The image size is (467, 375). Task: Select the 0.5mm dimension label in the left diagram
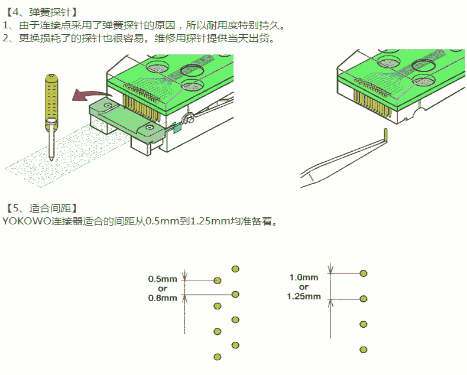pyautogui.click(x=163, y=279)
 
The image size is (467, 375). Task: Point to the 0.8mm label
pyautogui.click(x=163, y=298)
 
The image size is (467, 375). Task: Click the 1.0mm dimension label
pyautogui.click(x=304, y=277)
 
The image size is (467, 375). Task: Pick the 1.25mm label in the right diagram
pyautogui.click(x=304, y=296)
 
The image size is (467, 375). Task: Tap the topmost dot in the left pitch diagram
pyautogui.click(x=235, y=269)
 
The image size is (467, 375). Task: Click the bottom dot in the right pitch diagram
pyautogui.click(x=364, y=349)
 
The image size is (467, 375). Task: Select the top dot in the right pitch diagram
pyautogui.click(x=364, y=273)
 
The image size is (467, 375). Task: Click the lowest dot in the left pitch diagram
pyautogui.click(x=217, y=357)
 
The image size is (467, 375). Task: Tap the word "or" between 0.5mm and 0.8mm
pyautogui.click(x=163, y=288)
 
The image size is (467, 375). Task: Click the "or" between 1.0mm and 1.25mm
pyautogui.click(x=304, y=286)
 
